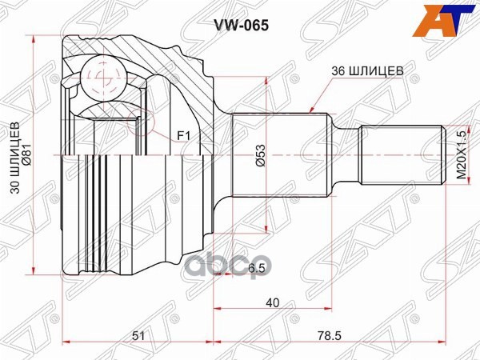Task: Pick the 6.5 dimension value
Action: pyautogui.click(x=234, y=269)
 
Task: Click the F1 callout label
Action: pyautogui.click(x=183, y=136)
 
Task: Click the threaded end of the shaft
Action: pyautogui.click(x=400, y=154)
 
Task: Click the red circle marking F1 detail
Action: pyautogui.click(x=144, y=121)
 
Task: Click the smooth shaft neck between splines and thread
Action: pyautogui.click(x=344, y=154)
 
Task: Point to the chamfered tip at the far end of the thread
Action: pyautogui.click(x=441, y=154)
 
